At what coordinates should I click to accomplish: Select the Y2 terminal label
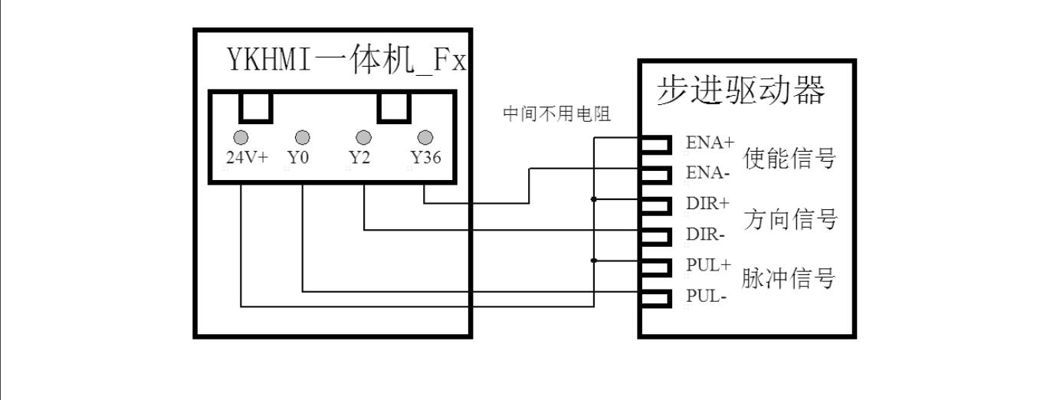coord(359,158)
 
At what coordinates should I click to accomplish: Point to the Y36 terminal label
coord(425,158)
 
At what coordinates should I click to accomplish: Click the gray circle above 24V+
coord(241,137)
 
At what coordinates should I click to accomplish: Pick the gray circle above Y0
coord(303,137)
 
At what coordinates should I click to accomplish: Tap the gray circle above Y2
coord(363,137)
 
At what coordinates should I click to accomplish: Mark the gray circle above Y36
coord(425,137)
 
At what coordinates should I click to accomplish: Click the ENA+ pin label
coord(710,143)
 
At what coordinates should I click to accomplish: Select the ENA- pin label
coord(707,173)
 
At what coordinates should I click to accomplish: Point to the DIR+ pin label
coord(708,204)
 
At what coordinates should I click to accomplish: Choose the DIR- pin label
coord(706,234)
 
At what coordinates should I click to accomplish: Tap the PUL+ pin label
coord(709,265)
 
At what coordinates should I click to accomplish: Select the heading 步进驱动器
coord(741,91)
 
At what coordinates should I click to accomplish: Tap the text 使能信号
coord(789,159)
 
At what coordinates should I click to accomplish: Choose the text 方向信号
coord(789,220)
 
